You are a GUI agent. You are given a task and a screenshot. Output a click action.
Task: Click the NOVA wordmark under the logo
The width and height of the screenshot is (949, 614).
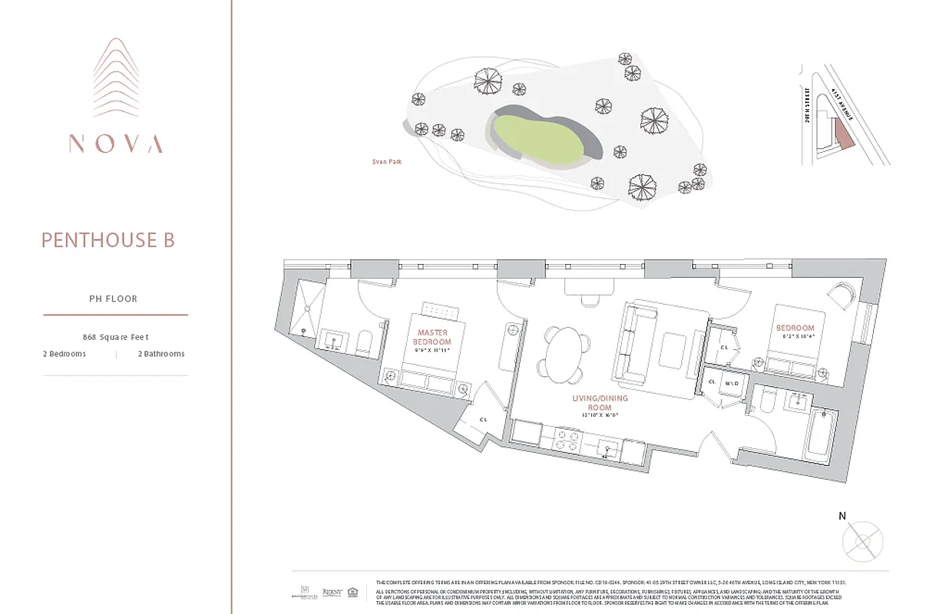[x=115, y=144]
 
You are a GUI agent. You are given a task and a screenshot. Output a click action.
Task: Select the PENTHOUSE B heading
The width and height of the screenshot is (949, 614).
[x=108, y=240]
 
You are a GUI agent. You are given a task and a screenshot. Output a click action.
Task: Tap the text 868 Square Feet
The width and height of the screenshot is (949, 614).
[x=115, y=337]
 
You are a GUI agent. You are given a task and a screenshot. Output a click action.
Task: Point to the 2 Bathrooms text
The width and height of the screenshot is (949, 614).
[x=161, y=354]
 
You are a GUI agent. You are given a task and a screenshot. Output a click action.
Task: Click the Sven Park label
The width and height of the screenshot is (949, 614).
[x=386, y=162]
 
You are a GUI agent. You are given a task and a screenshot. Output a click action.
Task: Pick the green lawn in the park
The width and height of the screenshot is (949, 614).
[x=535, y=138]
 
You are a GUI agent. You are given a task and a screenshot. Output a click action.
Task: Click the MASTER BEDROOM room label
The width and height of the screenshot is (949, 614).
[x=432, y=337]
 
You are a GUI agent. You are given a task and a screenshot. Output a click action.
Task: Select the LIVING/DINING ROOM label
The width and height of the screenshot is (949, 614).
[x=600, y=403]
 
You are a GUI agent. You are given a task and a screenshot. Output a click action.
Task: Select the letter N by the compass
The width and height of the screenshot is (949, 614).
[x=842, y=517]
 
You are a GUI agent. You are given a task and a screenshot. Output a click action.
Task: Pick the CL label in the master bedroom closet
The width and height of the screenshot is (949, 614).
[x=483, y=419]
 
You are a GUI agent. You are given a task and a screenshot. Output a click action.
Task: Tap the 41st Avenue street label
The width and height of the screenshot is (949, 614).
[x=842, y=103]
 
